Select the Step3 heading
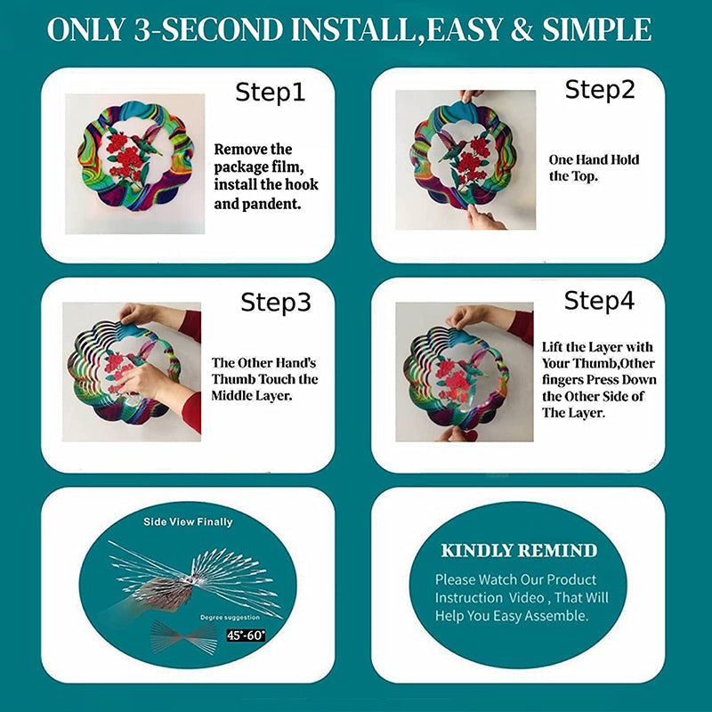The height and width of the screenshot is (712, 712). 276,303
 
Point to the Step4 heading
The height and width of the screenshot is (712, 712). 599,301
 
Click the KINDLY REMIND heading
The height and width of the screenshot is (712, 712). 518,550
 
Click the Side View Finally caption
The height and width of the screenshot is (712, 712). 188,522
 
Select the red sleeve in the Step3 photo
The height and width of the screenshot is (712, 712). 190,326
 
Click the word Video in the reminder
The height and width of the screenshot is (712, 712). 542,597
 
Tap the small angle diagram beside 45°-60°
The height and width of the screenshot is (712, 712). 182,636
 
